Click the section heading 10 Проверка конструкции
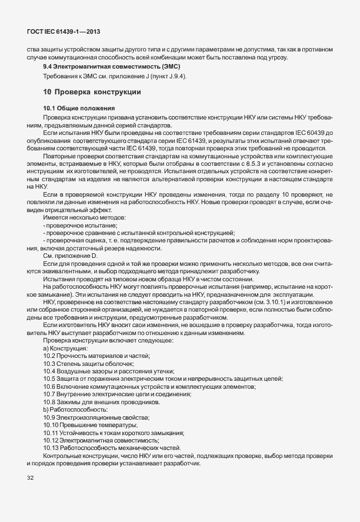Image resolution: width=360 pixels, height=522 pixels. pos(91,92)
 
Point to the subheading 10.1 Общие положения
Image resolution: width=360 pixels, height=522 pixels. pos(79,108)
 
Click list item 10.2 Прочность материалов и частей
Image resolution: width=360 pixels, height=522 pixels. pos(97,356)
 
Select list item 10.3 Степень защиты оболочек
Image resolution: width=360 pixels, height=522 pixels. pos(89,363)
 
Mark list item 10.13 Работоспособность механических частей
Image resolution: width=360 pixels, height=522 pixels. pos(112,448)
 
